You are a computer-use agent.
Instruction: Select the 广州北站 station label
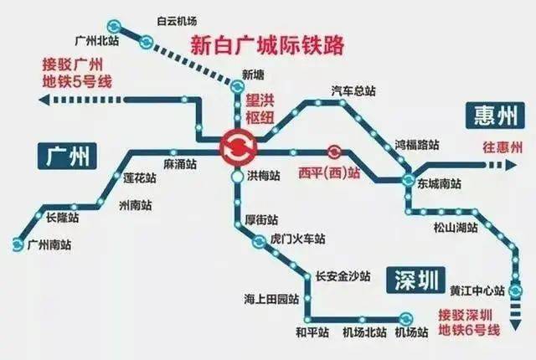click(95, 39)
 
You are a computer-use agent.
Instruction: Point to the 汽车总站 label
click(351, 90)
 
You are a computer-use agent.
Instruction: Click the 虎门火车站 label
click(298, 239)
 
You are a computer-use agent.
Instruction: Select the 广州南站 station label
click(49, 244)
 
